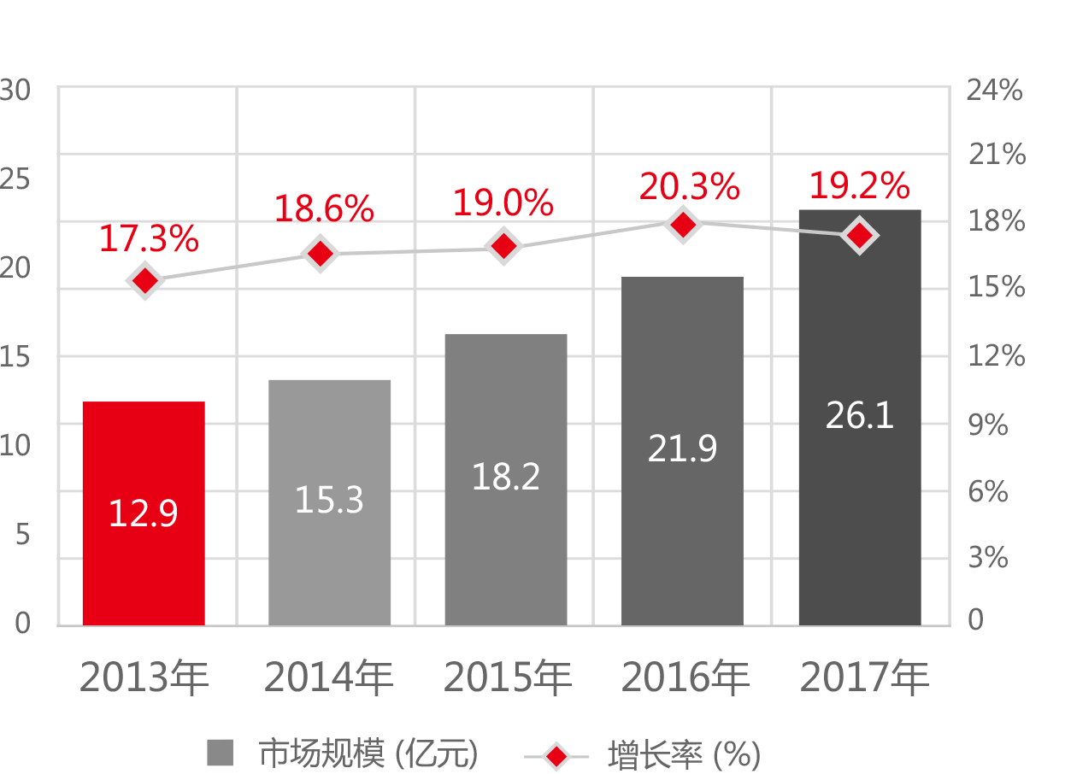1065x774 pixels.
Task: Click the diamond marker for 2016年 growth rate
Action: click(682, 225)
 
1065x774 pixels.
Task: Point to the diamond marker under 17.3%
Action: click(145, 280)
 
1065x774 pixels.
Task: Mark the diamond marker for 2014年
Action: click(321, 254)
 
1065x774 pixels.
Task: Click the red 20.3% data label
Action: click(689, 187)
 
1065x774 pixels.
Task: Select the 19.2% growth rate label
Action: click(858, 185)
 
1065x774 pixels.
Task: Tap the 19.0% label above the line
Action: click(503, 203)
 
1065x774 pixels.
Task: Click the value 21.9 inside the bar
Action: click(681, 449)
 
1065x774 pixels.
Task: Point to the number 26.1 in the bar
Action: click(859, 416)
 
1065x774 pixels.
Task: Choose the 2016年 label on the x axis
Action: click(685, 678)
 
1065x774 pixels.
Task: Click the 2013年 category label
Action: click(144, 678)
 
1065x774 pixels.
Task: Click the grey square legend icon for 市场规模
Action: click(220, 753)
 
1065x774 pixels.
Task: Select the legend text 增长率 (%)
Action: click(684, 754)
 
